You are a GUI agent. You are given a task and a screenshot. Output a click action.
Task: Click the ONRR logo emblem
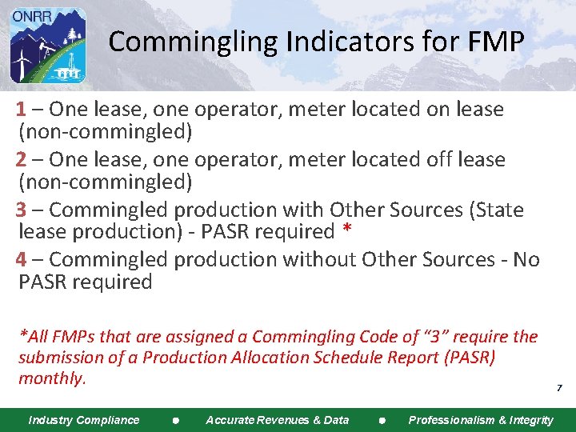47,46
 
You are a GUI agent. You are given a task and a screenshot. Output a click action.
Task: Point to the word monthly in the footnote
51,378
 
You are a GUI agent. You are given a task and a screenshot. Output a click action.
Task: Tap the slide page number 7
559,388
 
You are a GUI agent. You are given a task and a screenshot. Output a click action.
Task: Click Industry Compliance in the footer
84,420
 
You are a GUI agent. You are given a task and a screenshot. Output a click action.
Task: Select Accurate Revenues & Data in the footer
278,420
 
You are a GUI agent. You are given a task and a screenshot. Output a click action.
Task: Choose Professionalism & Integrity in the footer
480,420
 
